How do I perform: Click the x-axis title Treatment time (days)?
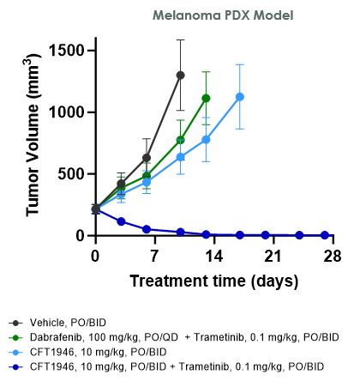(x=213, y=281)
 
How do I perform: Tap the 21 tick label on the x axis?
(x=273, y=255)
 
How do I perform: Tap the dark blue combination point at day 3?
(x=121, y=221)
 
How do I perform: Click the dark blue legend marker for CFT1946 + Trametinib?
(x=15, y=366)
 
